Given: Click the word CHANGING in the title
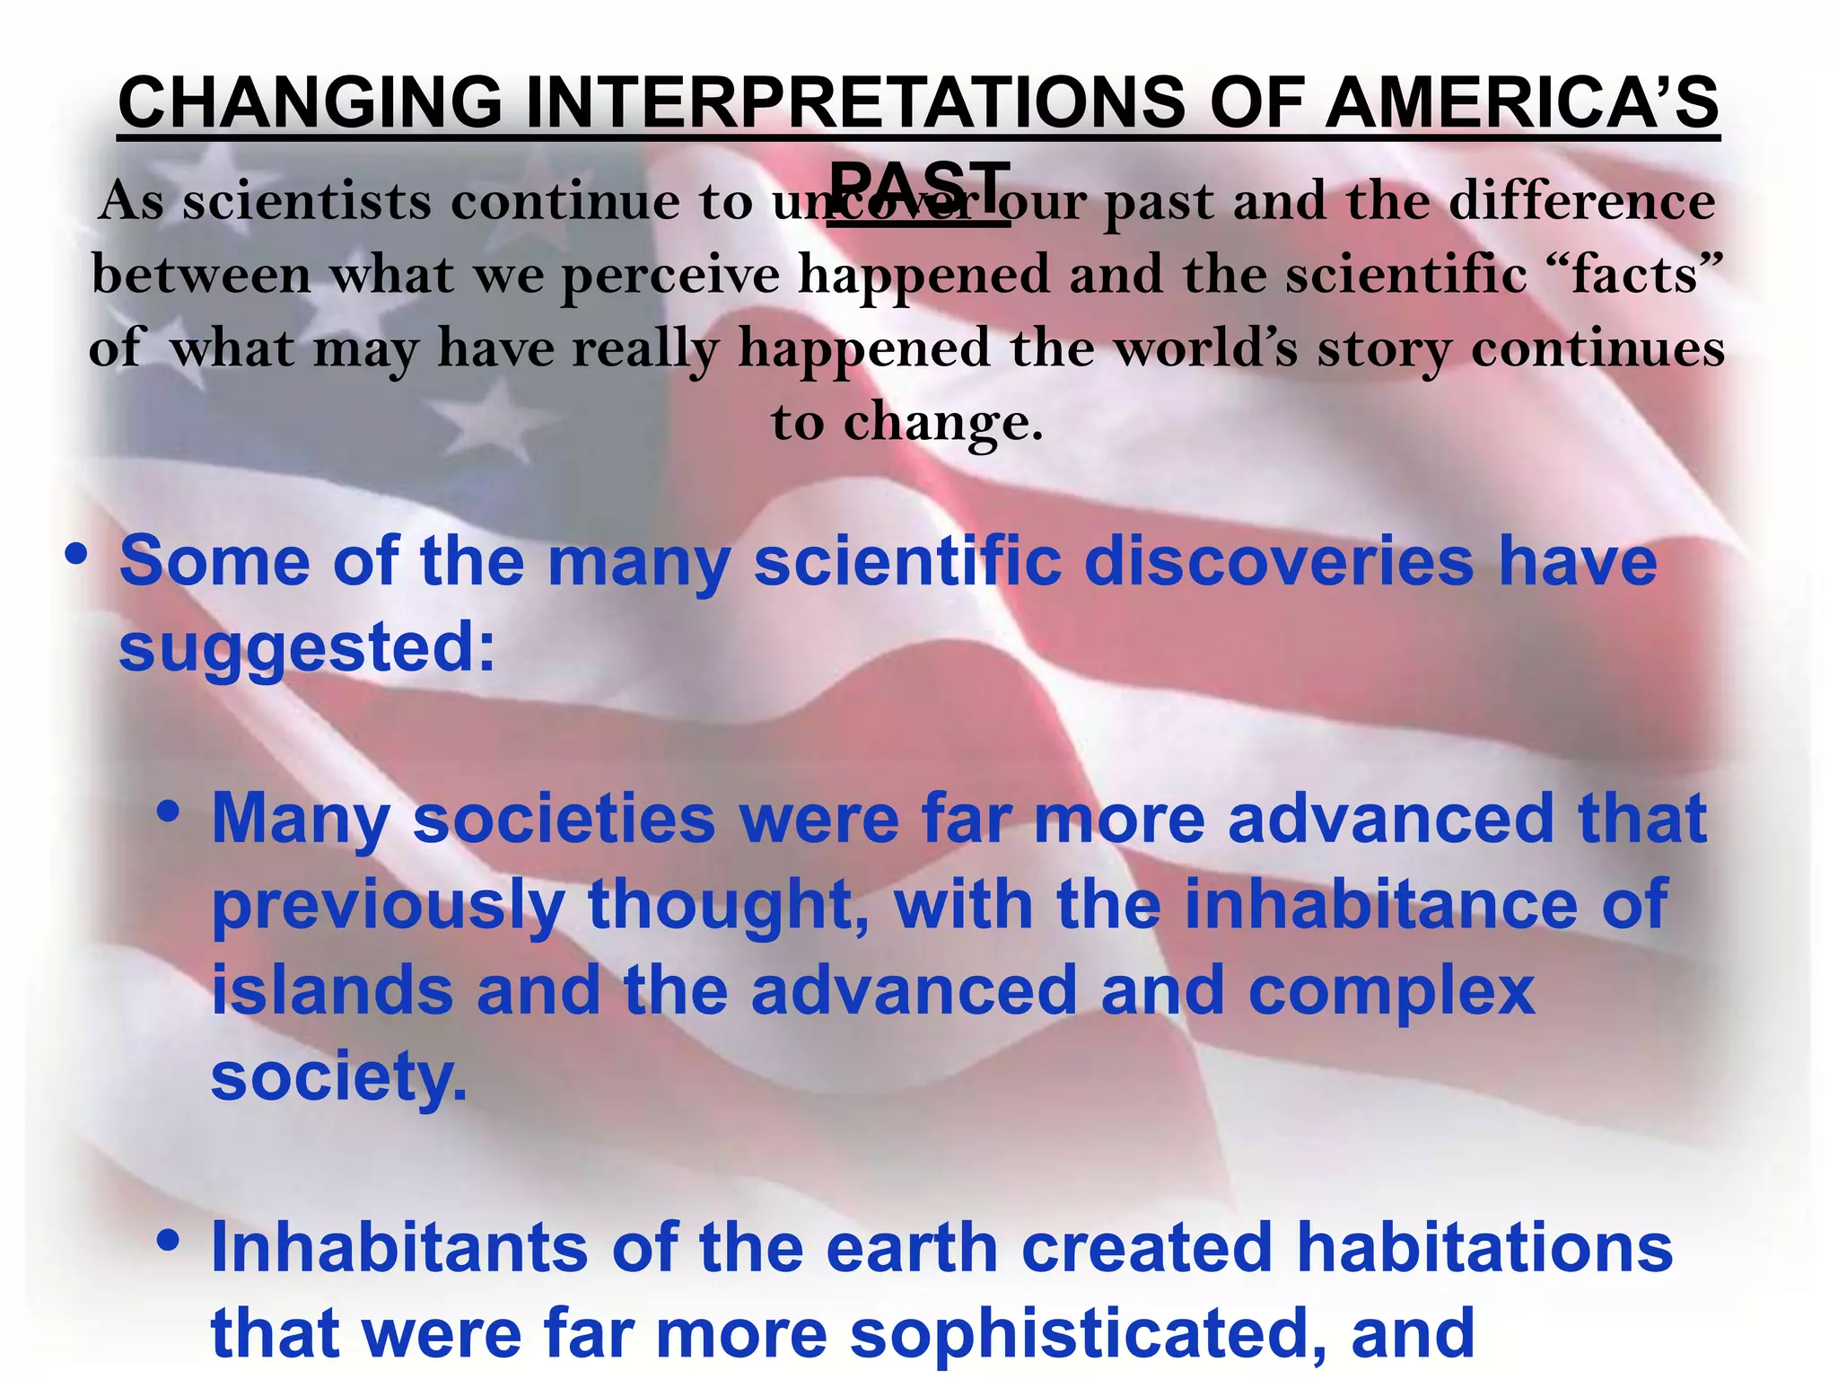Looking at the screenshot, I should [310, 101].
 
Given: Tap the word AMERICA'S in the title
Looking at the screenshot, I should [1522, 101].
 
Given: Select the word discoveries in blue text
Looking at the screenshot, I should [1278, 562].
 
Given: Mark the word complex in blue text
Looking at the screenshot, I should [1391, 989].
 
